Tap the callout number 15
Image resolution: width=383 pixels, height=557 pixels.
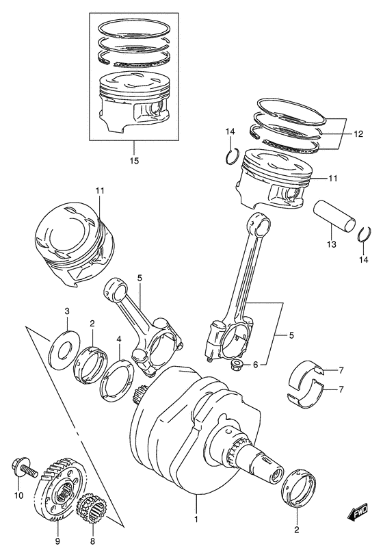pos(134,161)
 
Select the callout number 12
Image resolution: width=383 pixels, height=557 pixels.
pos(358,134)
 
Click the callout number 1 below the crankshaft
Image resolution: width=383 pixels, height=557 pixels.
pos(196,519)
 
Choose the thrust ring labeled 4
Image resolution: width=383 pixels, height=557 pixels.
pos(116,379)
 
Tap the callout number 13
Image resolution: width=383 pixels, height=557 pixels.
pos(332,244)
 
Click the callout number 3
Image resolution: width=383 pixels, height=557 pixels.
pos(67,311)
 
